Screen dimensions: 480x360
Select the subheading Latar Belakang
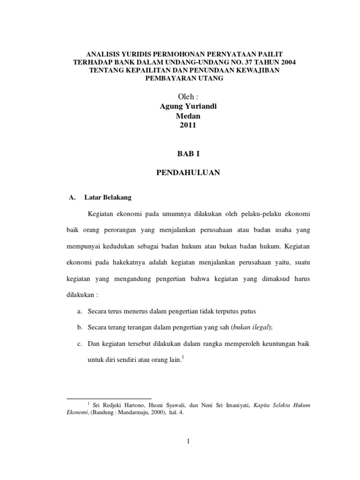105,198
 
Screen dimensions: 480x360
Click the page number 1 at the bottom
187,441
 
